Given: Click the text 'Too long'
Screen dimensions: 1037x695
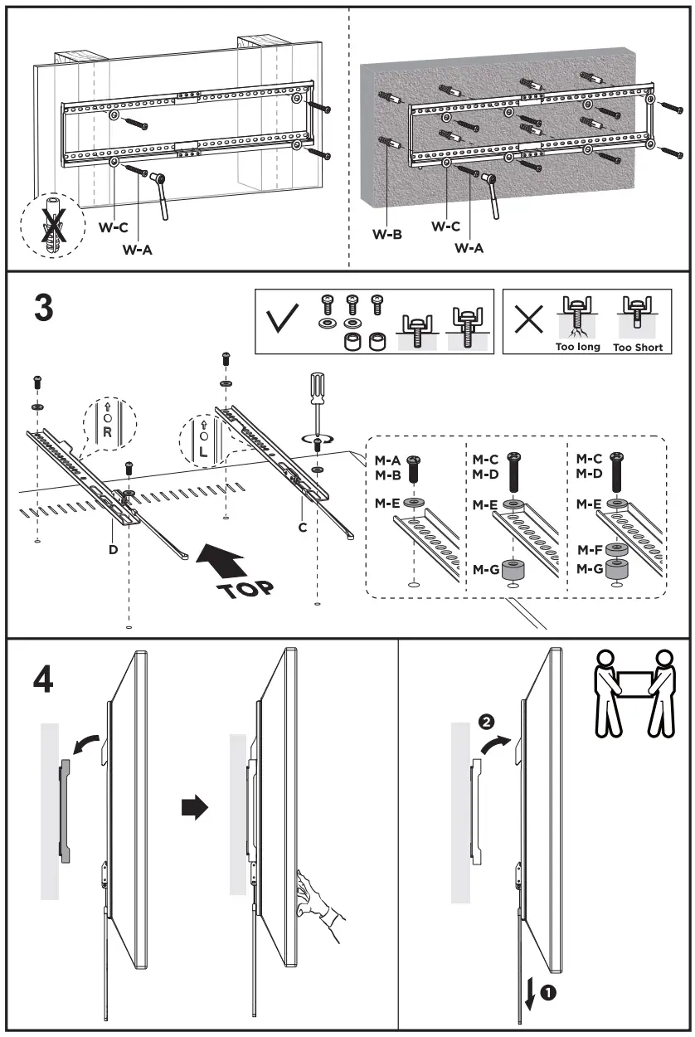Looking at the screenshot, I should (578, 347).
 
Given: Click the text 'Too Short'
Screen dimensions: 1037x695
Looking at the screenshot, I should (638, 347).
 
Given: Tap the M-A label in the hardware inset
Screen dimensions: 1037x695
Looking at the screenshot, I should (388, 460).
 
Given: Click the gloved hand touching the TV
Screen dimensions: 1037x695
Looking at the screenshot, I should (322, 900).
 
